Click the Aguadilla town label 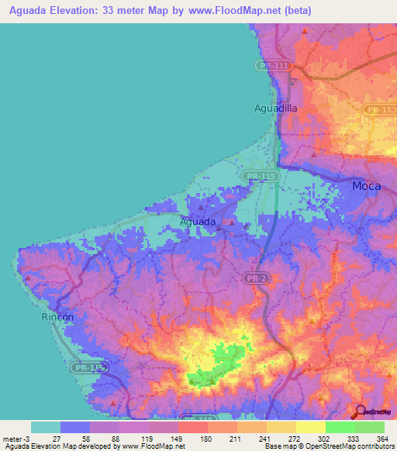[x=275, y=108]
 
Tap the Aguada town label [x=198, y=222]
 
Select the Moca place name [x=366, y=186]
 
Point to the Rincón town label [x=57, y=318]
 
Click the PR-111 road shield [x=274, y=67]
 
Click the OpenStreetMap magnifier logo [x=360, y=412]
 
